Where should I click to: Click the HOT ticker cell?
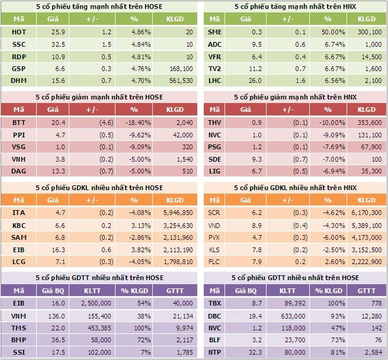[x=19, y=31]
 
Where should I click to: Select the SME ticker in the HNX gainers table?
[x=215, y=31]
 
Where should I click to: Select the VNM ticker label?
[x=19, y=316]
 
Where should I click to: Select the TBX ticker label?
[x=215, y=304]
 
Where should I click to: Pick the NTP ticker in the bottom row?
[x=215, y=352]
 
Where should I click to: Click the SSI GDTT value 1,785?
[x=182, y=352]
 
